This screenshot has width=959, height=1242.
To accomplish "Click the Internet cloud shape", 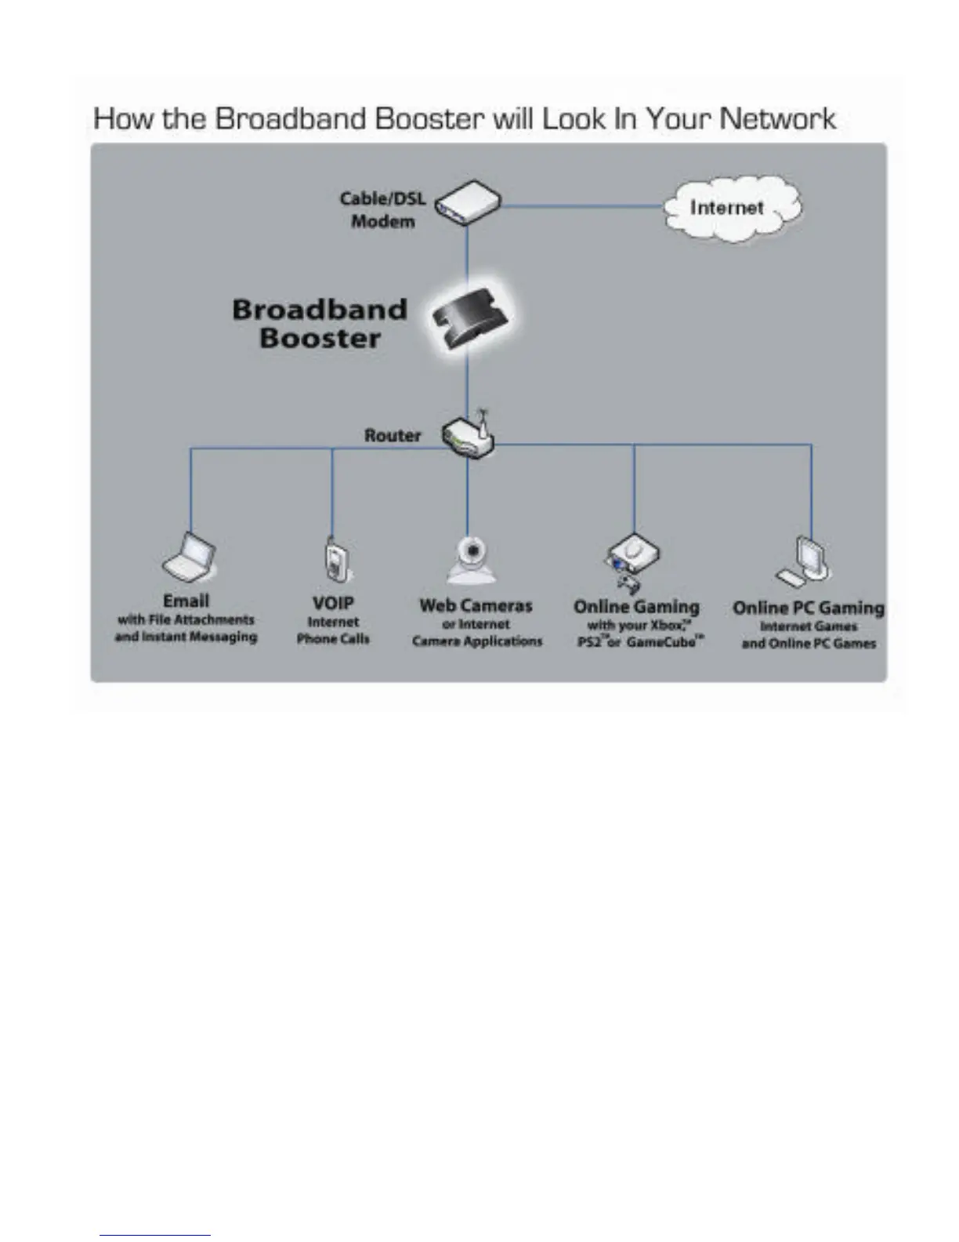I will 733,208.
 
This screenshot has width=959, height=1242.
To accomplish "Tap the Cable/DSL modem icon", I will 468,203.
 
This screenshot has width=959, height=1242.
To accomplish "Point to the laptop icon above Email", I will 190,557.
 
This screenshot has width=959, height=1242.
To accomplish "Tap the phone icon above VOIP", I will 335,560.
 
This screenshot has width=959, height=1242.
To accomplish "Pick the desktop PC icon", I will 804,561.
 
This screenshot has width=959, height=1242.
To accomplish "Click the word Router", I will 393,435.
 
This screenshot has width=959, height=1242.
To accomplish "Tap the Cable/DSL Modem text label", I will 383,209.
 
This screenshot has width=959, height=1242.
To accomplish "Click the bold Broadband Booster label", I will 320,324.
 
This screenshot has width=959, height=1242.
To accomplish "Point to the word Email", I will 186,601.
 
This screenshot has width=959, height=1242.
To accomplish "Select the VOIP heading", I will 333,603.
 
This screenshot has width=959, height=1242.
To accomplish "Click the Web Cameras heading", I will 476,605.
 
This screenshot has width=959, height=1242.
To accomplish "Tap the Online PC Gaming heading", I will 808,608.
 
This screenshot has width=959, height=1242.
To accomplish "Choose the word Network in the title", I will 777,119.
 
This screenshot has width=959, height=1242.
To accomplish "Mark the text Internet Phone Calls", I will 333,630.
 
